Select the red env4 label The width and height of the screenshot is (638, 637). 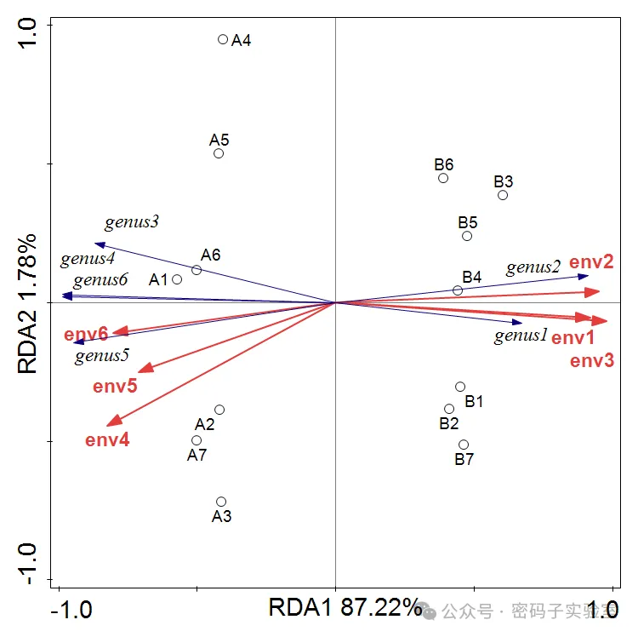coord(107,440)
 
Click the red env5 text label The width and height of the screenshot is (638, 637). coord(115,386)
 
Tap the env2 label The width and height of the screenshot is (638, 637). coord(591,261)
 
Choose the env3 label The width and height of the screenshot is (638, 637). coord(592,361)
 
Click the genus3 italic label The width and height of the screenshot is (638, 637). coord(131,222)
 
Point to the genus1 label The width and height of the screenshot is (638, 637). coord(521,336)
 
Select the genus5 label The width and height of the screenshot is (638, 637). coord(102,356)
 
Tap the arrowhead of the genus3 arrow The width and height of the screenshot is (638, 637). coord(95,244)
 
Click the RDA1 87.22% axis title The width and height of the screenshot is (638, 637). coord(345,608)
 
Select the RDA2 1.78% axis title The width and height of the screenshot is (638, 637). coord(27,304)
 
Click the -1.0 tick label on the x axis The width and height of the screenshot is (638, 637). coord(71,610)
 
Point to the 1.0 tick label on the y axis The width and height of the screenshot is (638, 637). coord(27,33)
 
